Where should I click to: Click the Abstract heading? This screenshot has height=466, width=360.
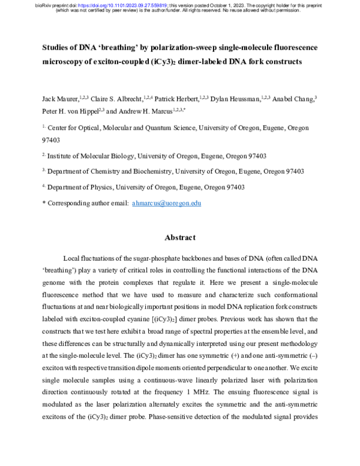point(179,237)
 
